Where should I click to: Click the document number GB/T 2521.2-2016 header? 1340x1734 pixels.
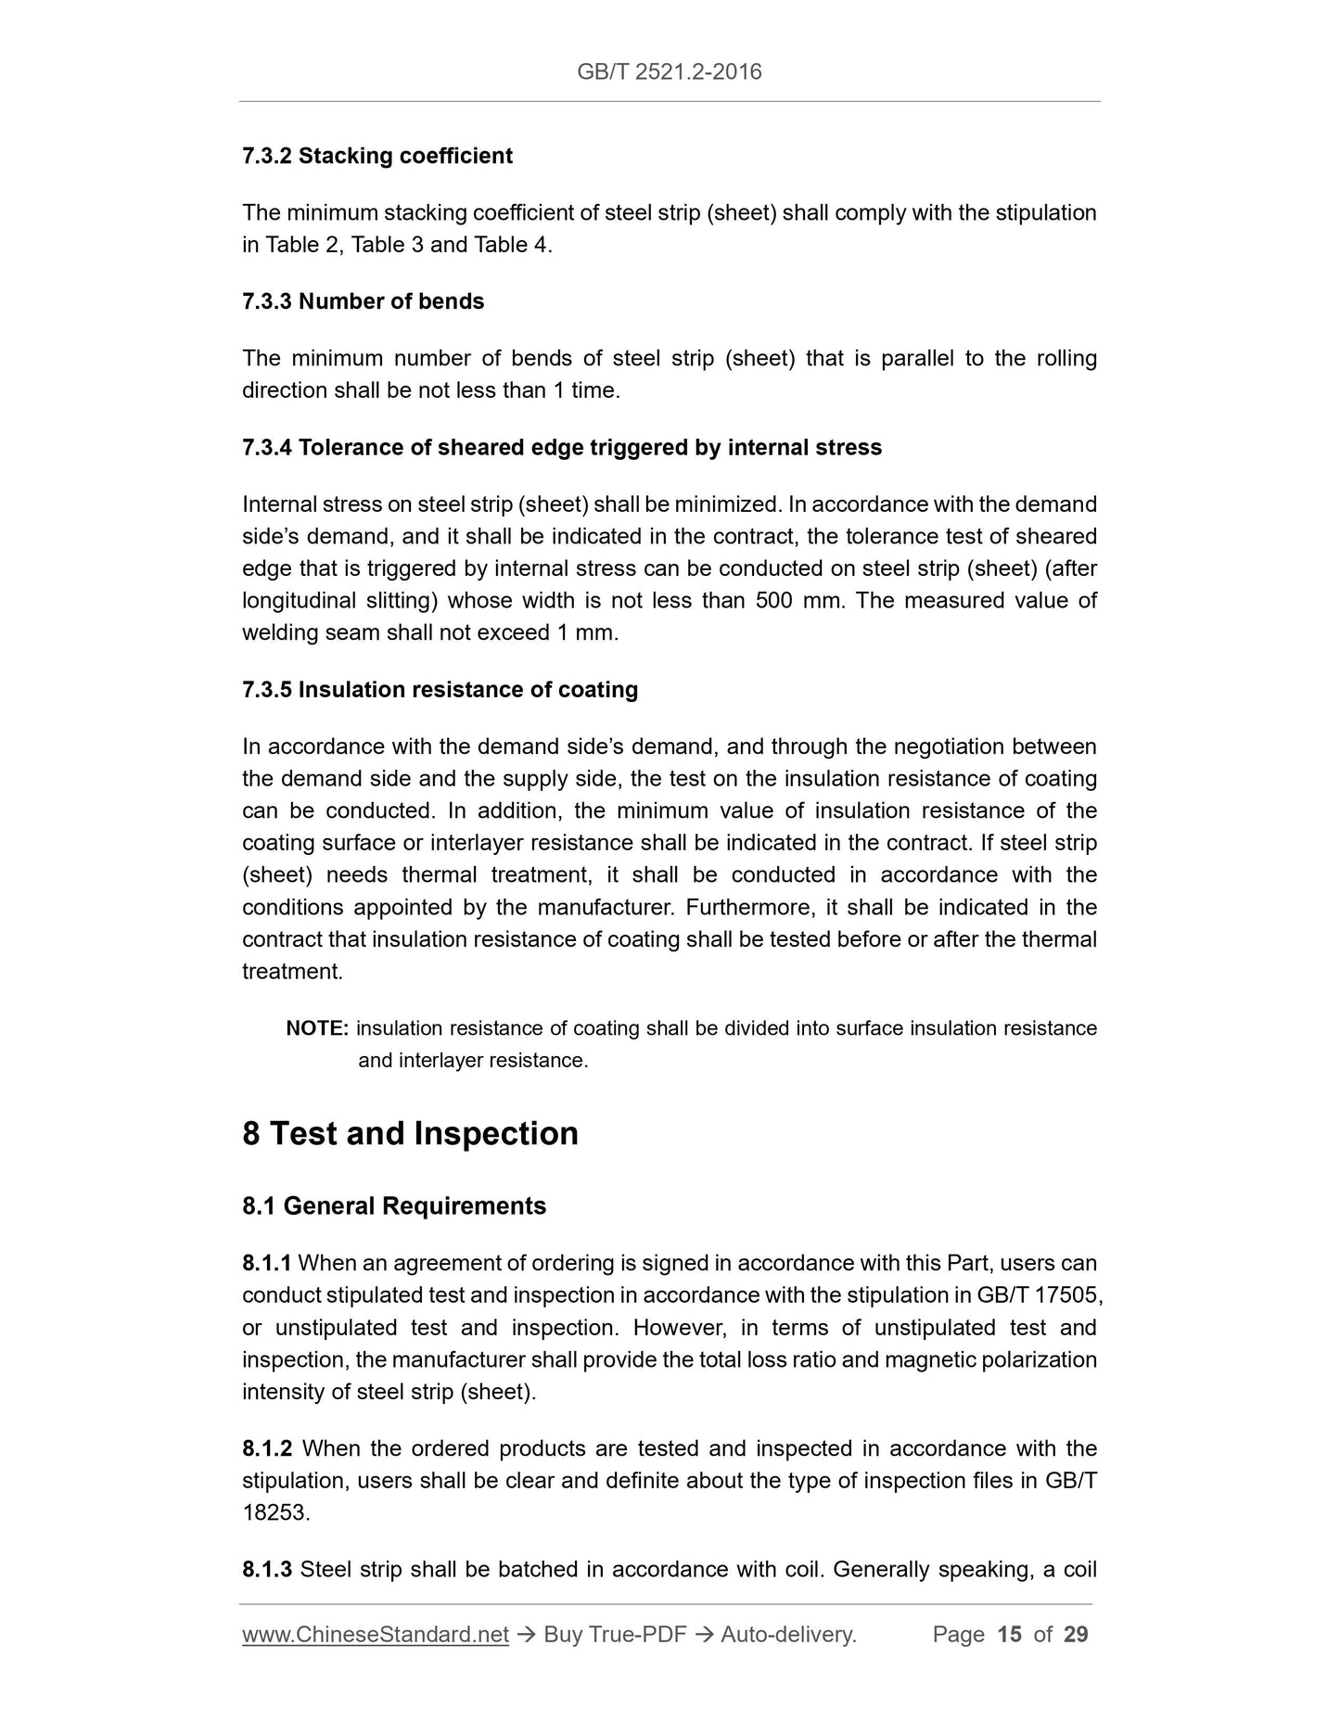[669, 72]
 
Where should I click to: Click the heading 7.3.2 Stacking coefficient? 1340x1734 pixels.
[376, 156]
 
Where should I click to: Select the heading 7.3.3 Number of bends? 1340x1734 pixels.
[363, 301]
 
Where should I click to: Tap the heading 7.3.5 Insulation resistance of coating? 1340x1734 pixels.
[440, 690]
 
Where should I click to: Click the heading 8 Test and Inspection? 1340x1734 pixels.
[410, 1134]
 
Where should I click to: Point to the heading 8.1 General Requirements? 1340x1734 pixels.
[394, 1206]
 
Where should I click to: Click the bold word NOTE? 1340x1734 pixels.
[317, 1029]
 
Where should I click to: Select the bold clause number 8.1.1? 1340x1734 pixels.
[266, 1264]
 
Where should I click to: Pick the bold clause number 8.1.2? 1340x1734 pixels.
[266, 1449]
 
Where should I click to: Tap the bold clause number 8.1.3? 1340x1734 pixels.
[266, 1570]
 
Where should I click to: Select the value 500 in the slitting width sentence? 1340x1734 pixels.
[773, 601]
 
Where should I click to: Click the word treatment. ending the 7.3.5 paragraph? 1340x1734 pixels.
[292, 972]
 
